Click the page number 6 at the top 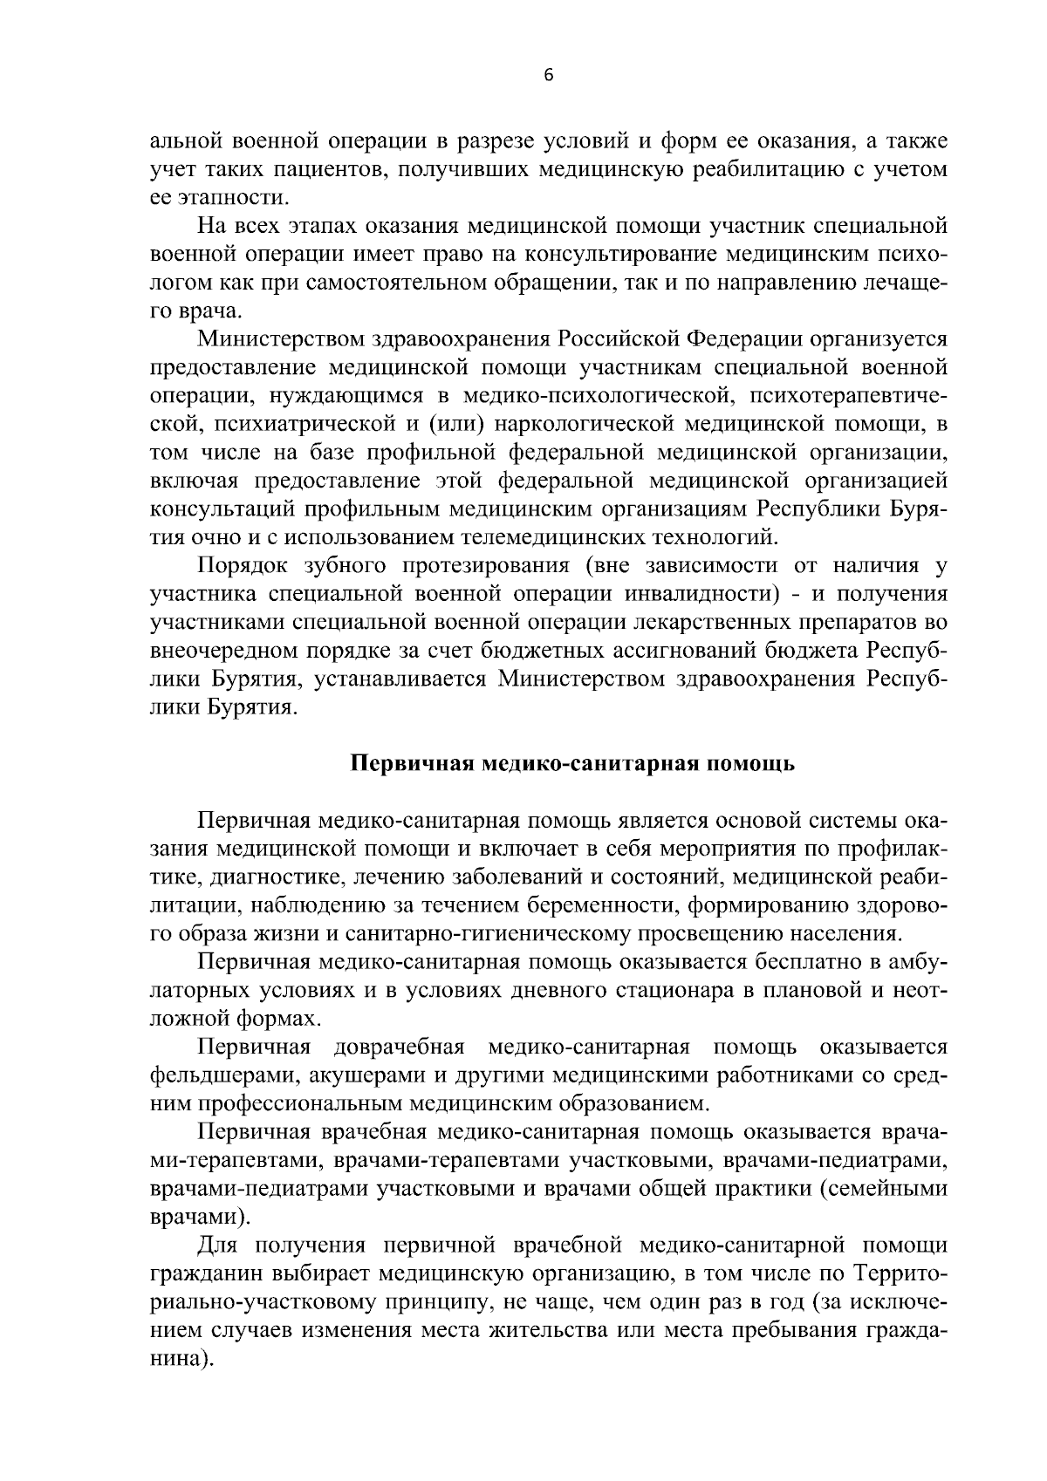[x=548, y=75]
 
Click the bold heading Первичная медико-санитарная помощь [x=572, y=764]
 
